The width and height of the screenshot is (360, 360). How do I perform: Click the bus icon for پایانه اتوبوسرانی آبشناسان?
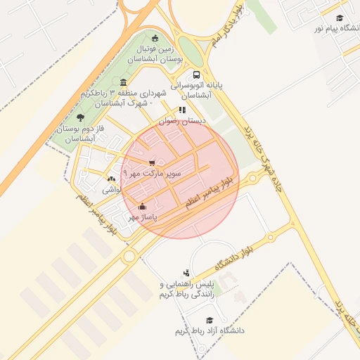[x=196, y=75]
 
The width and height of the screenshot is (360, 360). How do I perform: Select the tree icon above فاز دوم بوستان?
[x=80, y=117]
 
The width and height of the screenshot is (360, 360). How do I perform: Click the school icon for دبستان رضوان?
[x=183, y=110]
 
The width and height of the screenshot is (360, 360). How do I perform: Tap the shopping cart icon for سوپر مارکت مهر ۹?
[x=152, y=163]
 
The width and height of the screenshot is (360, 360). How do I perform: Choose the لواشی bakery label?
[x=110, y=190]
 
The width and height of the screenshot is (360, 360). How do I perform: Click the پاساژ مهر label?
[x=142, y=218]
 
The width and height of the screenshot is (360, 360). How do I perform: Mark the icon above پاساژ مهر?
[x=143, y=207]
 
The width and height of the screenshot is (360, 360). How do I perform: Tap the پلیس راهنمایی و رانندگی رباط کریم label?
[x=186, y=290]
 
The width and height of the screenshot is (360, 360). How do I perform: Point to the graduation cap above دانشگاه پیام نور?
[x=340, y=18]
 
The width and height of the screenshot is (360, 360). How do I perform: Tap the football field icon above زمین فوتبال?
[x=155, y=39]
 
